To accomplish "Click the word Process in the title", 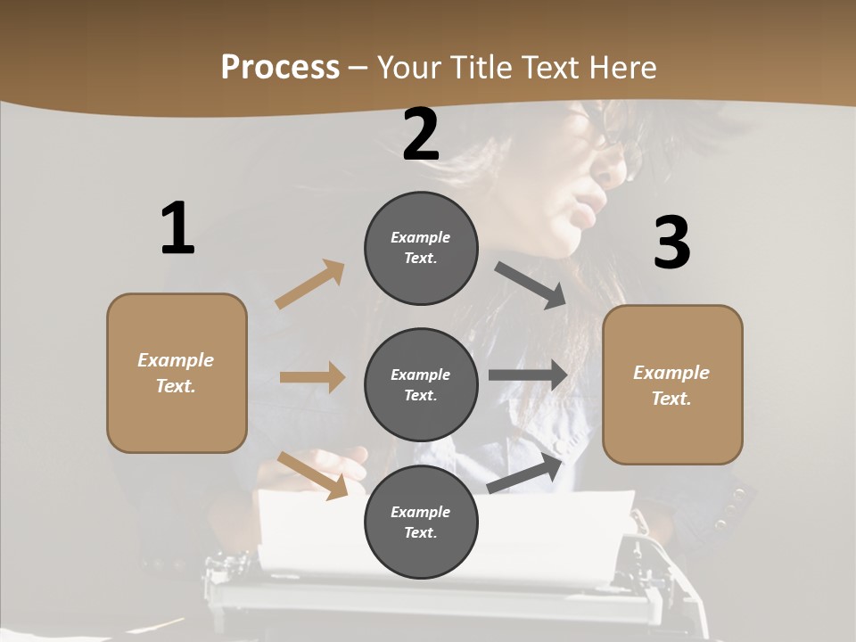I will [x=280, y=68].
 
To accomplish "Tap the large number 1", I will [x=177, y=228].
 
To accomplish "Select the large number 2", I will [x=421, y=135].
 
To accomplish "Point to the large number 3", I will [x=671, y=243].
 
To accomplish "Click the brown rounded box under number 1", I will [x=177, y=373].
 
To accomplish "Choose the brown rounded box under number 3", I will [x=672, y=384].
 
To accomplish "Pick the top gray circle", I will [x=421, y=248].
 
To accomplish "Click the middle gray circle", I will [x=421, y=384].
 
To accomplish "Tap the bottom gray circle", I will [x=421, y=522].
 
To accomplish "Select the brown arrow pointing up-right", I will [x=310, y=284].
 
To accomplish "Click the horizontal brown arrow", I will [x=312, y=377].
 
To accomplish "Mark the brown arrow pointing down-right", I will [x=313, y=474].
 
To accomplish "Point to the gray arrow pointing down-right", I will [x=531, y=285].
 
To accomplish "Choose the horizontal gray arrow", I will [x=528, y=374].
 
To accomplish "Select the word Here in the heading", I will [x=621, y=68].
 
